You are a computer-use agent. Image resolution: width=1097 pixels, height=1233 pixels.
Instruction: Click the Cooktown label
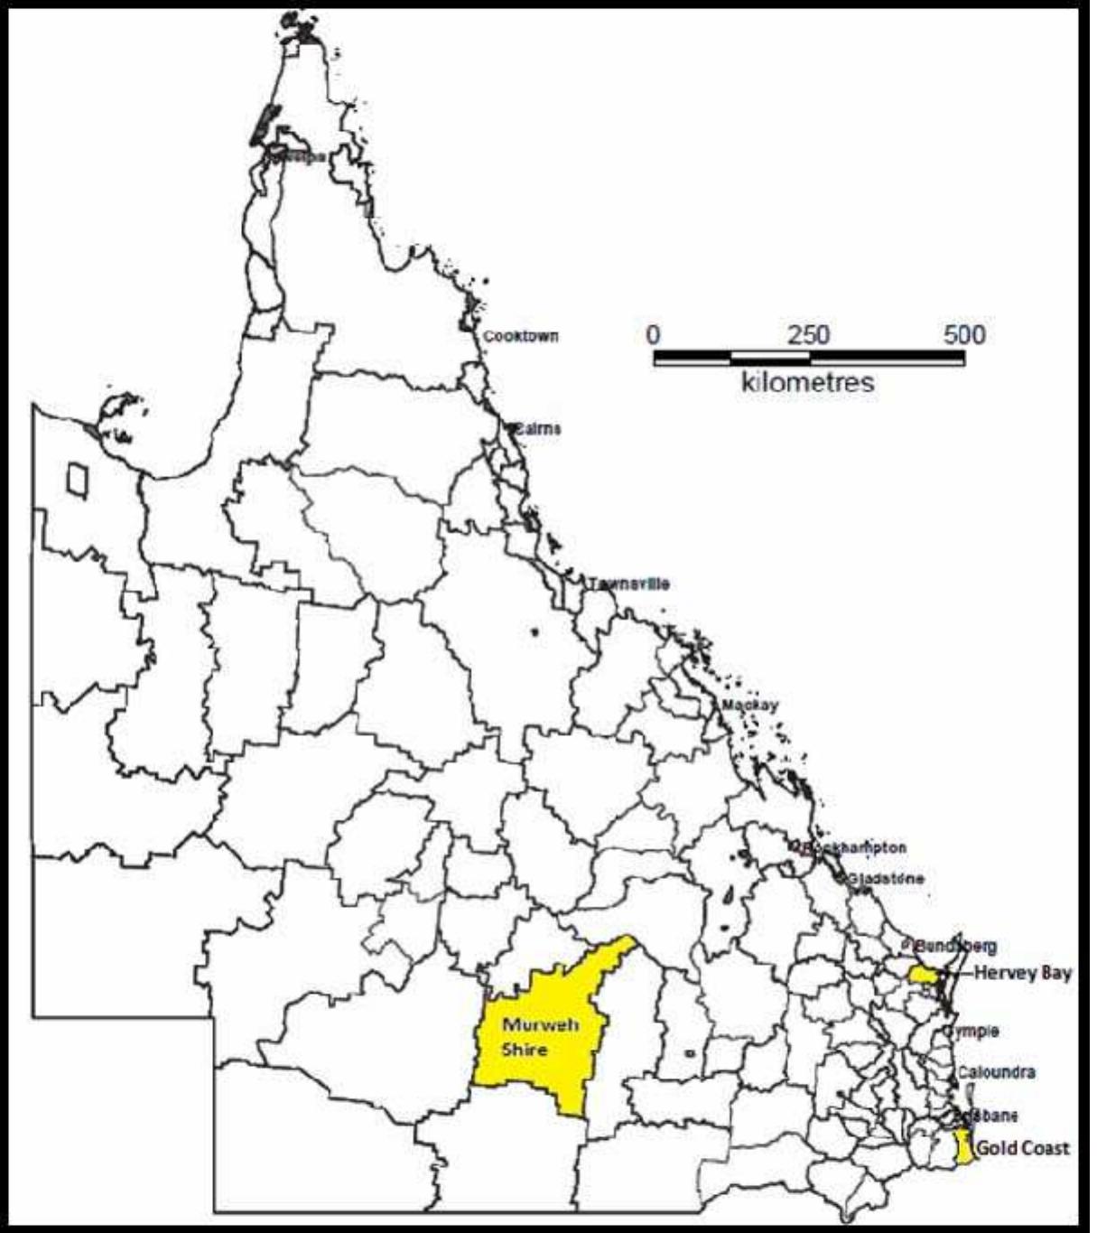521,336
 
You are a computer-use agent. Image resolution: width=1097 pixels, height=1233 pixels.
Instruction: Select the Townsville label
629,584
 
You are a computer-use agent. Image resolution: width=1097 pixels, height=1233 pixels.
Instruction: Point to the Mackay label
749,705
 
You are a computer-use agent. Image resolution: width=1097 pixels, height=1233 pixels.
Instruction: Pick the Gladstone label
885,878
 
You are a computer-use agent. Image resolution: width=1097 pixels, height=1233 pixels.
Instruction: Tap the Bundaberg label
954,946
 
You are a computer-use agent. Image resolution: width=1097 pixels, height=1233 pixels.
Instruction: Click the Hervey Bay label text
1023,973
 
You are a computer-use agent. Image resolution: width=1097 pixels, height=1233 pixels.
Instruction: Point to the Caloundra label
996,1072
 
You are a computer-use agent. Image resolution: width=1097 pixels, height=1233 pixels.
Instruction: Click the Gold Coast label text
1023,1148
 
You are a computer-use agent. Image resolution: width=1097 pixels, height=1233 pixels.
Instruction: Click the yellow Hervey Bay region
923,975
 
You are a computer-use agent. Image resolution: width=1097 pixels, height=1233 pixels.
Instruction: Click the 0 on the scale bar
654,335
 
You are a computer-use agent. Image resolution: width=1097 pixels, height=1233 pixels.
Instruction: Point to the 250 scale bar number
808,335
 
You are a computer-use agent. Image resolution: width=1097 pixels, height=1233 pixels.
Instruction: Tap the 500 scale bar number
964,335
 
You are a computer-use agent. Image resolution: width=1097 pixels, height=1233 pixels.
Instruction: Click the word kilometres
808,382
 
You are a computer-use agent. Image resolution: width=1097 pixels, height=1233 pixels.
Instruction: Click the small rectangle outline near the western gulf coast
78,479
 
